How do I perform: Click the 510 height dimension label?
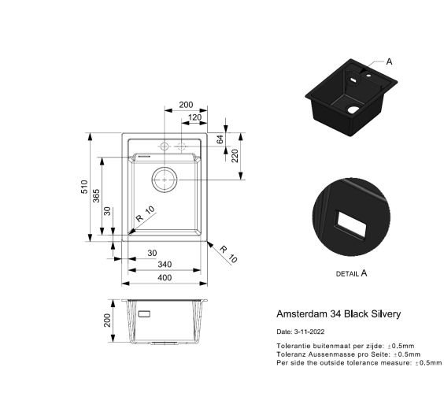point(84,187)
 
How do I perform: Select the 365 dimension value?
point(96,196)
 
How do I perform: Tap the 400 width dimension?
point(165,277)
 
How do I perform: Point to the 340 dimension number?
point(165,265)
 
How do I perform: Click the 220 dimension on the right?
point(235,156)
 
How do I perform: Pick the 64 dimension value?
point(220,139)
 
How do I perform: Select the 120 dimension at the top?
point(194,117)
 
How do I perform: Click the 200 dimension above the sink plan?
point(186,105)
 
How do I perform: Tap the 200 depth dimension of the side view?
point(107,320)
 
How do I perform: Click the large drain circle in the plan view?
point(165,168)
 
